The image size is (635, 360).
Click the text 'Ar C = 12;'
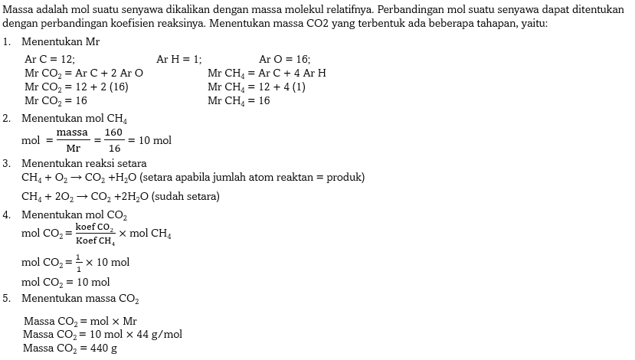(50, 59)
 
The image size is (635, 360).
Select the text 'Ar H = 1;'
(178, 59)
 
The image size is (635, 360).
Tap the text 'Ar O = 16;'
(285, 59)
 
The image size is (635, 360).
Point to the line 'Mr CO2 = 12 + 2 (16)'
(77, 87)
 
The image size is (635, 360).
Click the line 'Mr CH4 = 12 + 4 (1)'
(257, 87)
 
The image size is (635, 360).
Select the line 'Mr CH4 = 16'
(238, 100)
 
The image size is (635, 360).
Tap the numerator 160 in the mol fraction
(114, 133)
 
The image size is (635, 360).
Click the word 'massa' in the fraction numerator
(73, 133)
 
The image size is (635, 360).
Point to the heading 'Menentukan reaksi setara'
(84, 163)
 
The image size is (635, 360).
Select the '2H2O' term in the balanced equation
(133, 197)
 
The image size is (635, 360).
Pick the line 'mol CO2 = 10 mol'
(66, 282)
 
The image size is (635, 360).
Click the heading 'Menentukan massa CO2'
(80, 298)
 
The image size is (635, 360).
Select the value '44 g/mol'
(160, 334)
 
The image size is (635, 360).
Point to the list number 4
(6, 214)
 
